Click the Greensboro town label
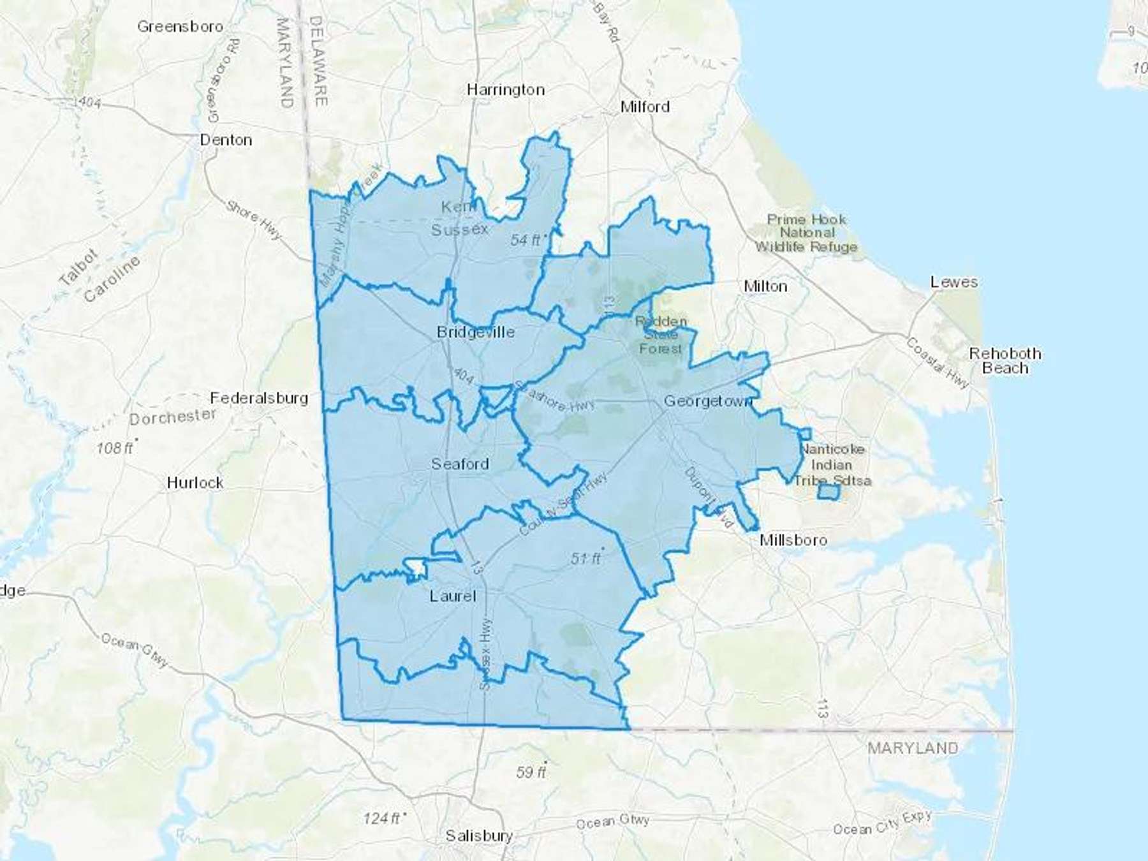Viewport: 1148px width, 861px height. coord(180,27)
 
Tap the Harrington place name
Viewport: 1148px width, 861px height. coord(506,90)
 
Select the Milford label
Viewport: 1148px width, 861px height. coord(645,107)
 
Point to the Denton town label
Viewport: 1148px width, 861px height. coord(226,140)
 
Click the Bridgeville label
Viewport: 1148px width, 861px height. coord(475,332)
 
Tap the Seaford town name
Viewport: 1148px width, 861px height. coord(460,464)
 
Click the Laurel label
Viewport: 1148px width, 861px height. coord(452,596)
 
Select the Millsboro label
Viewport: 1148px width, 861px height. coord(793,540)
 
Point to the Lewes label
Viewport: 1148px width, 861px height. coord(953,282)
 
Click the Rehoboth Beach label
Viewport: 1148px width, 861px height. coord(1004,360)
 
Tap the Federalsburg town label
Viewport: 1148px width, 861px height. coord(259,398)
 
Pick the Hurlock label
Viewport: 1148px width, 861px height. coord(195,483)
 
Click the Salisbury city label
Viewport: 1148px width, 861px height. coord(479,835)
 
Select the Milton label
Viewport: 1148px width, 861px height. coord(765,286)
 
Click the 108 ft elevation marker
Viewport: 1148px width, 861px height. coord(115,448)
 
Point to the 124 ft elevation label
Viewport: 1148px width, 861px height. coord(383,818)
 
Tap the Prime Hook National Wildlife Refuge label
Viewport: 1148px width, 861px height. coord(806,233)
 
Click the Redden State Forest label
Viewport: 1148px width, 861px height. coord(661,335)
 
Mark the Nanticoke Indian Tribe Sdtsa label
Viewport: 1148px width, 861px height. coord(832,465)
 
